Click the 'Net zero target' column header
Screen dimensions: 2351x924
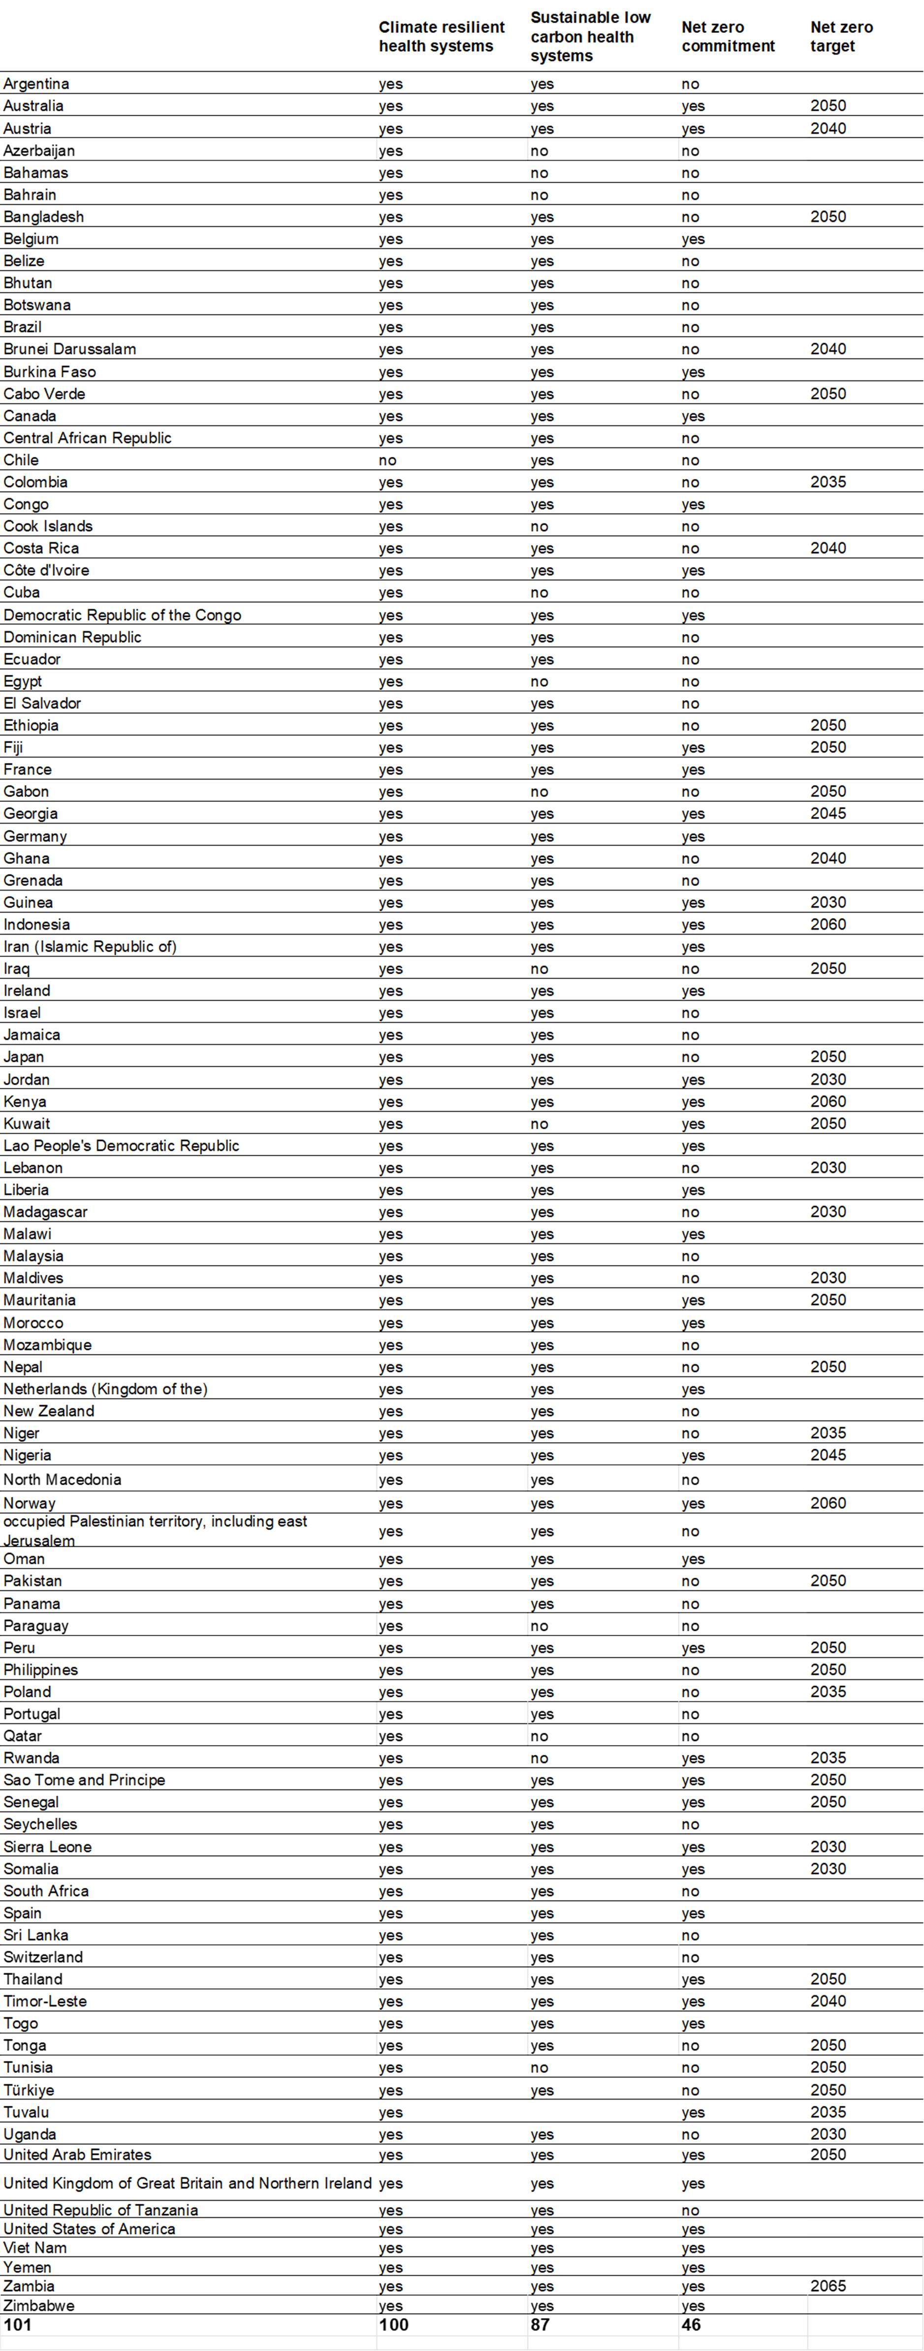click(841, 36)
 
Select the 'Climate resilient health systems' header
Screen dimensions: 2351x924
click(441, 36)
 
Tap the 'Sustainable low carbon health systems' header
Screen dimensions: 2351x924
click(590, 36)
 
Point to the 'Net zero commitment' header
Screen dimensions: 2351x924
click(728, 36)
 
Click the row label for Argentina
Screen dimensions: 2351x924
click(36, 84)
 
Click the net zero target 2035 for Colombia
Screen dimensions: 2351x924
click(828, 482)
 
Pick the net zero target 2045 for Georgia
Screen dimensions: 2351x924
click(828, 813)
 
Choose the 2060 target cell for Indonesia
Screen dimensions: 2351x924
click(828, 924)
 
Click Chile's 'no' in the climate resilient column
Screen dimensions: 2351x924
click(388, 460)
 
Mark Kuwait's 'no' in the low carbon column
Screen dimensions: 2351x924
click(540, 1123)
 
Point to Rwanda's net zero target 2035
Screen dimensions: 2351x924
click(828, 1758)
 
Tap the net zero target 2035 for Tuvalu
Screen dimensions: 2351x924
click(828, 2112)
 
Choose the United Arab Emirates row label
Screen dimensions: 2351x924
click(78, 2155)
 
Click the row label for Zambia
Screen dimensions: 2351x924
click(29, 2286)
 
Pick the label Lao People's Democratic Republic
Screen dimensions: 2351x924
click(122, 1145)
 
